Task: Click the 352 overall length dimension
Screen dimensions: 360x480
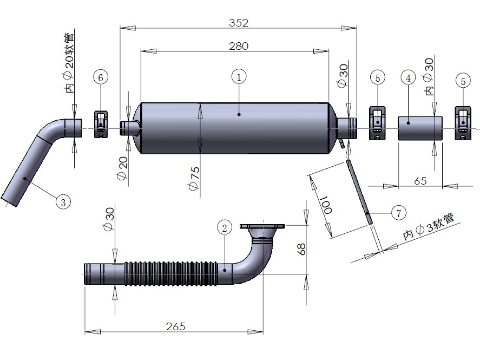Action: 238,23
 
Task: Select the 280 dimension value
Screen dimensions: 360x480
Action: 238,47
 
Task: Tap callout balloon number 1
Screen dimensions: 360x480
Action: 239,77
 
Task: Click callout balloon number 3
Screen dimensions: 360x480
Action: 63,202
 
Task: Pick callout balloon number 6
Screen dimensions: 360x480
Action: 101,77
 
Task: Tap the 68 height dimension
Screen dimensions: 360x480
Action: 302,249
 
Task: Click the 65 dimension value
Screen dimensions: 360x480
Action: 420,181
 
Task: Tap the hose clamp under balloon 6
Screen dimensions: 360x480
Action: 101,124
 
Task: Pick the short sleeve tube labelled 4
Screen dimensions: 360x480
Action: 420,128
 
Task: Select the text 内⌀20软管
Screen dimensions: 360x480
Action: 69,63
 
